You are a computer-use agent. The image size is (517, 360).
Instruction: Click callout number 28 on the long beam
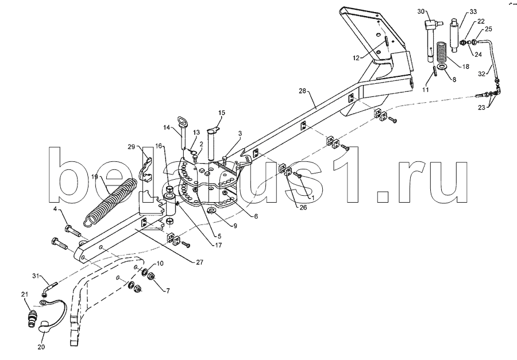pyautogui.click(x=303, y=91)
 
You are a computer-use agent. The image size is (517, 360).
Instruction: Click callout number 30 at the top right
pyautogui.click(x=422, y=11)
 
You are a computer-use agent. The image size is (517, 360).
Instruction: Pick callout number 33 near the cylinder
pyautogui.click(x=473, y=11)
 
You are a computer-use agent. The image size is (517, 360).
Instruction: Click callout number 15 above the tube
pyautogui.click(x=222, y=113)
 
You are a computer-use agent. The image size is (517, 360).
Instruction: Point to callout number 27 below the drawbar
pyautogui.click(x=199, y=262)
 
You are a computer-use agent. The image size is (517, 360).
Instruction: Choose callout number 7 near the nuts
pyautogui.click(x=168, y=291)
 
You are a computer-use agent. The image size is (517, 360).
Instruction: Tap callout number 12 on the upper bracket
pyautogui.click(x=356, y=58)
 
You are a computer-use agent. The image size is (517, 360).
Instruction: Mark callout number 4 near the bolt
pyautogui.click(x=55, y=208)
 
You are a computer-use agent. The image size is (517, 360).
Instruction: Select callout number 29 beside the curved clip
pyautogui.click(x=131, y=147)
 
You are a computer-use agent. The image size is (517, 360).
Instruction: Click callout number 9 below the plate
pyautogui.click(x=235, y=226)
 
